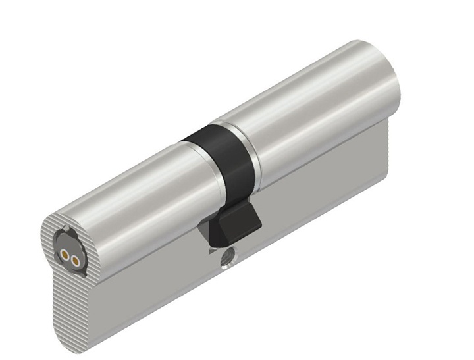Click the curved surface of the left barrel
pyautogui.click(x=132, y=197)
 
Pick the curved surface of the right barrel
pyautogui.click(x=309, y=105)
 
